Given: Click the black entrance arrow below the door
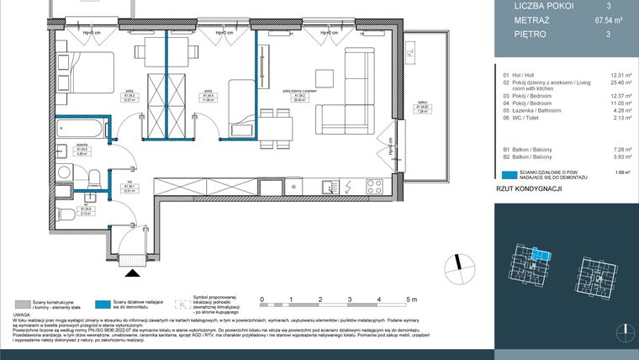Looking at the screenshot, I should point(129,272).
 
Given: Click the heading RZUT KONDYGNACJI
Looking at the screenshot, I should point(530,190).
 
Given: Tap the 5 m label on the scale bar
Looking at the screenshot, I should point(411,299).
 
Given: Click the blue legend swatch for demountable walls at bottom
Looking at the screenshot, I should point(101,304).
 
